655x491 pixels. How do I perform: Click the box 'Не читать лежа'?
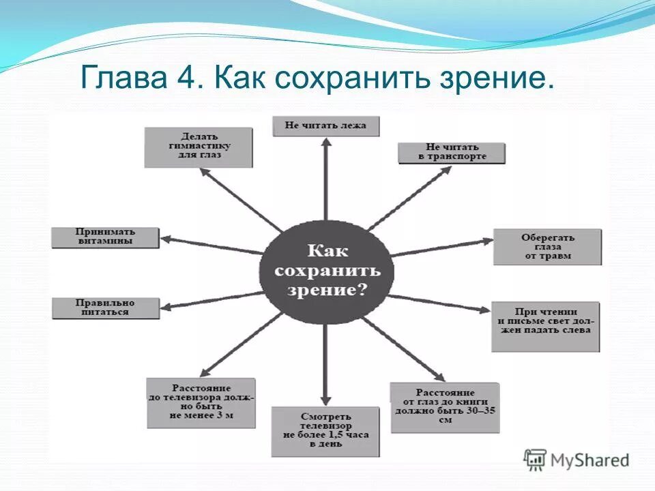(x=325, y=126)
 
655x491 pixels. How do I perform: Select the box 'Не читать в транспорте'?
(x=452, y=153)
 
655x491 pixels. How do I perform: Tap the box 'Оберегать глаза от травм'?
(x=547, y=247)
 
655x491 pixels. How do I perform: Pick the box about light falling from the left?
(x=545, y=326)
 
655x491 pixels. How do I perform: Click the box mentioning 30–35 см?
(x=444, y=406)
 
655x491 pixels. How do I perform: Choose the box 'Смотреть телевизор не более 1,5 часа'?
(x=325, y=431)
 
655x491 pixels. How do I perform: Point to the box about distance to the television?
(x=201, y=402)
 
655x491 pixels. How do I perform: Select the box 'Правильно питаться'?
(x=106, y=308)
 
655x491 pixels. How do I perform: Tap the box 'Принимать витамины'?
(x=105, y=237)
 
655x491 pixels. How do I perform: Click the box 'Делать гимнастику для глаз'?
(x=198, y=147)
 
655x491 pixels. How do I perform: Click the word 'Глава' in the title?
(x=121, y=79)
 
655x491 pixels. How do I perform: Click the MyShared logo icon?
(x=536, y=460)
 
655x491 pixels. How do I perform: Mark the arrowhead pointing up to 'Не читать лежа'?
(x=326, y=143)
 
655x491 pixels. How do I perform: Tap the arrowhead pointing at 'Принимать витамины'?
(x=166, y=239)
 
